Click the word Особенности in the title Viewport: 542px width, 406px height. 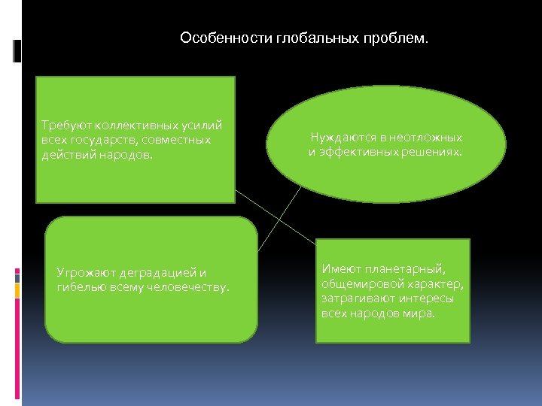215,38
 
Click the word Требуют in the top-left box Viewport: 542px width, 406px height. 65,126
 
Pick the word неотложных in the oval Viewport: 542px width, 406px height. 425,138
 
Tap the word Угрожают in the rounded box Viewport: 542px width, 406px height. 84,272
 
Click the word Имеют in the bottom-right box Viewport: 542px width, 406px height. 339,268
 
